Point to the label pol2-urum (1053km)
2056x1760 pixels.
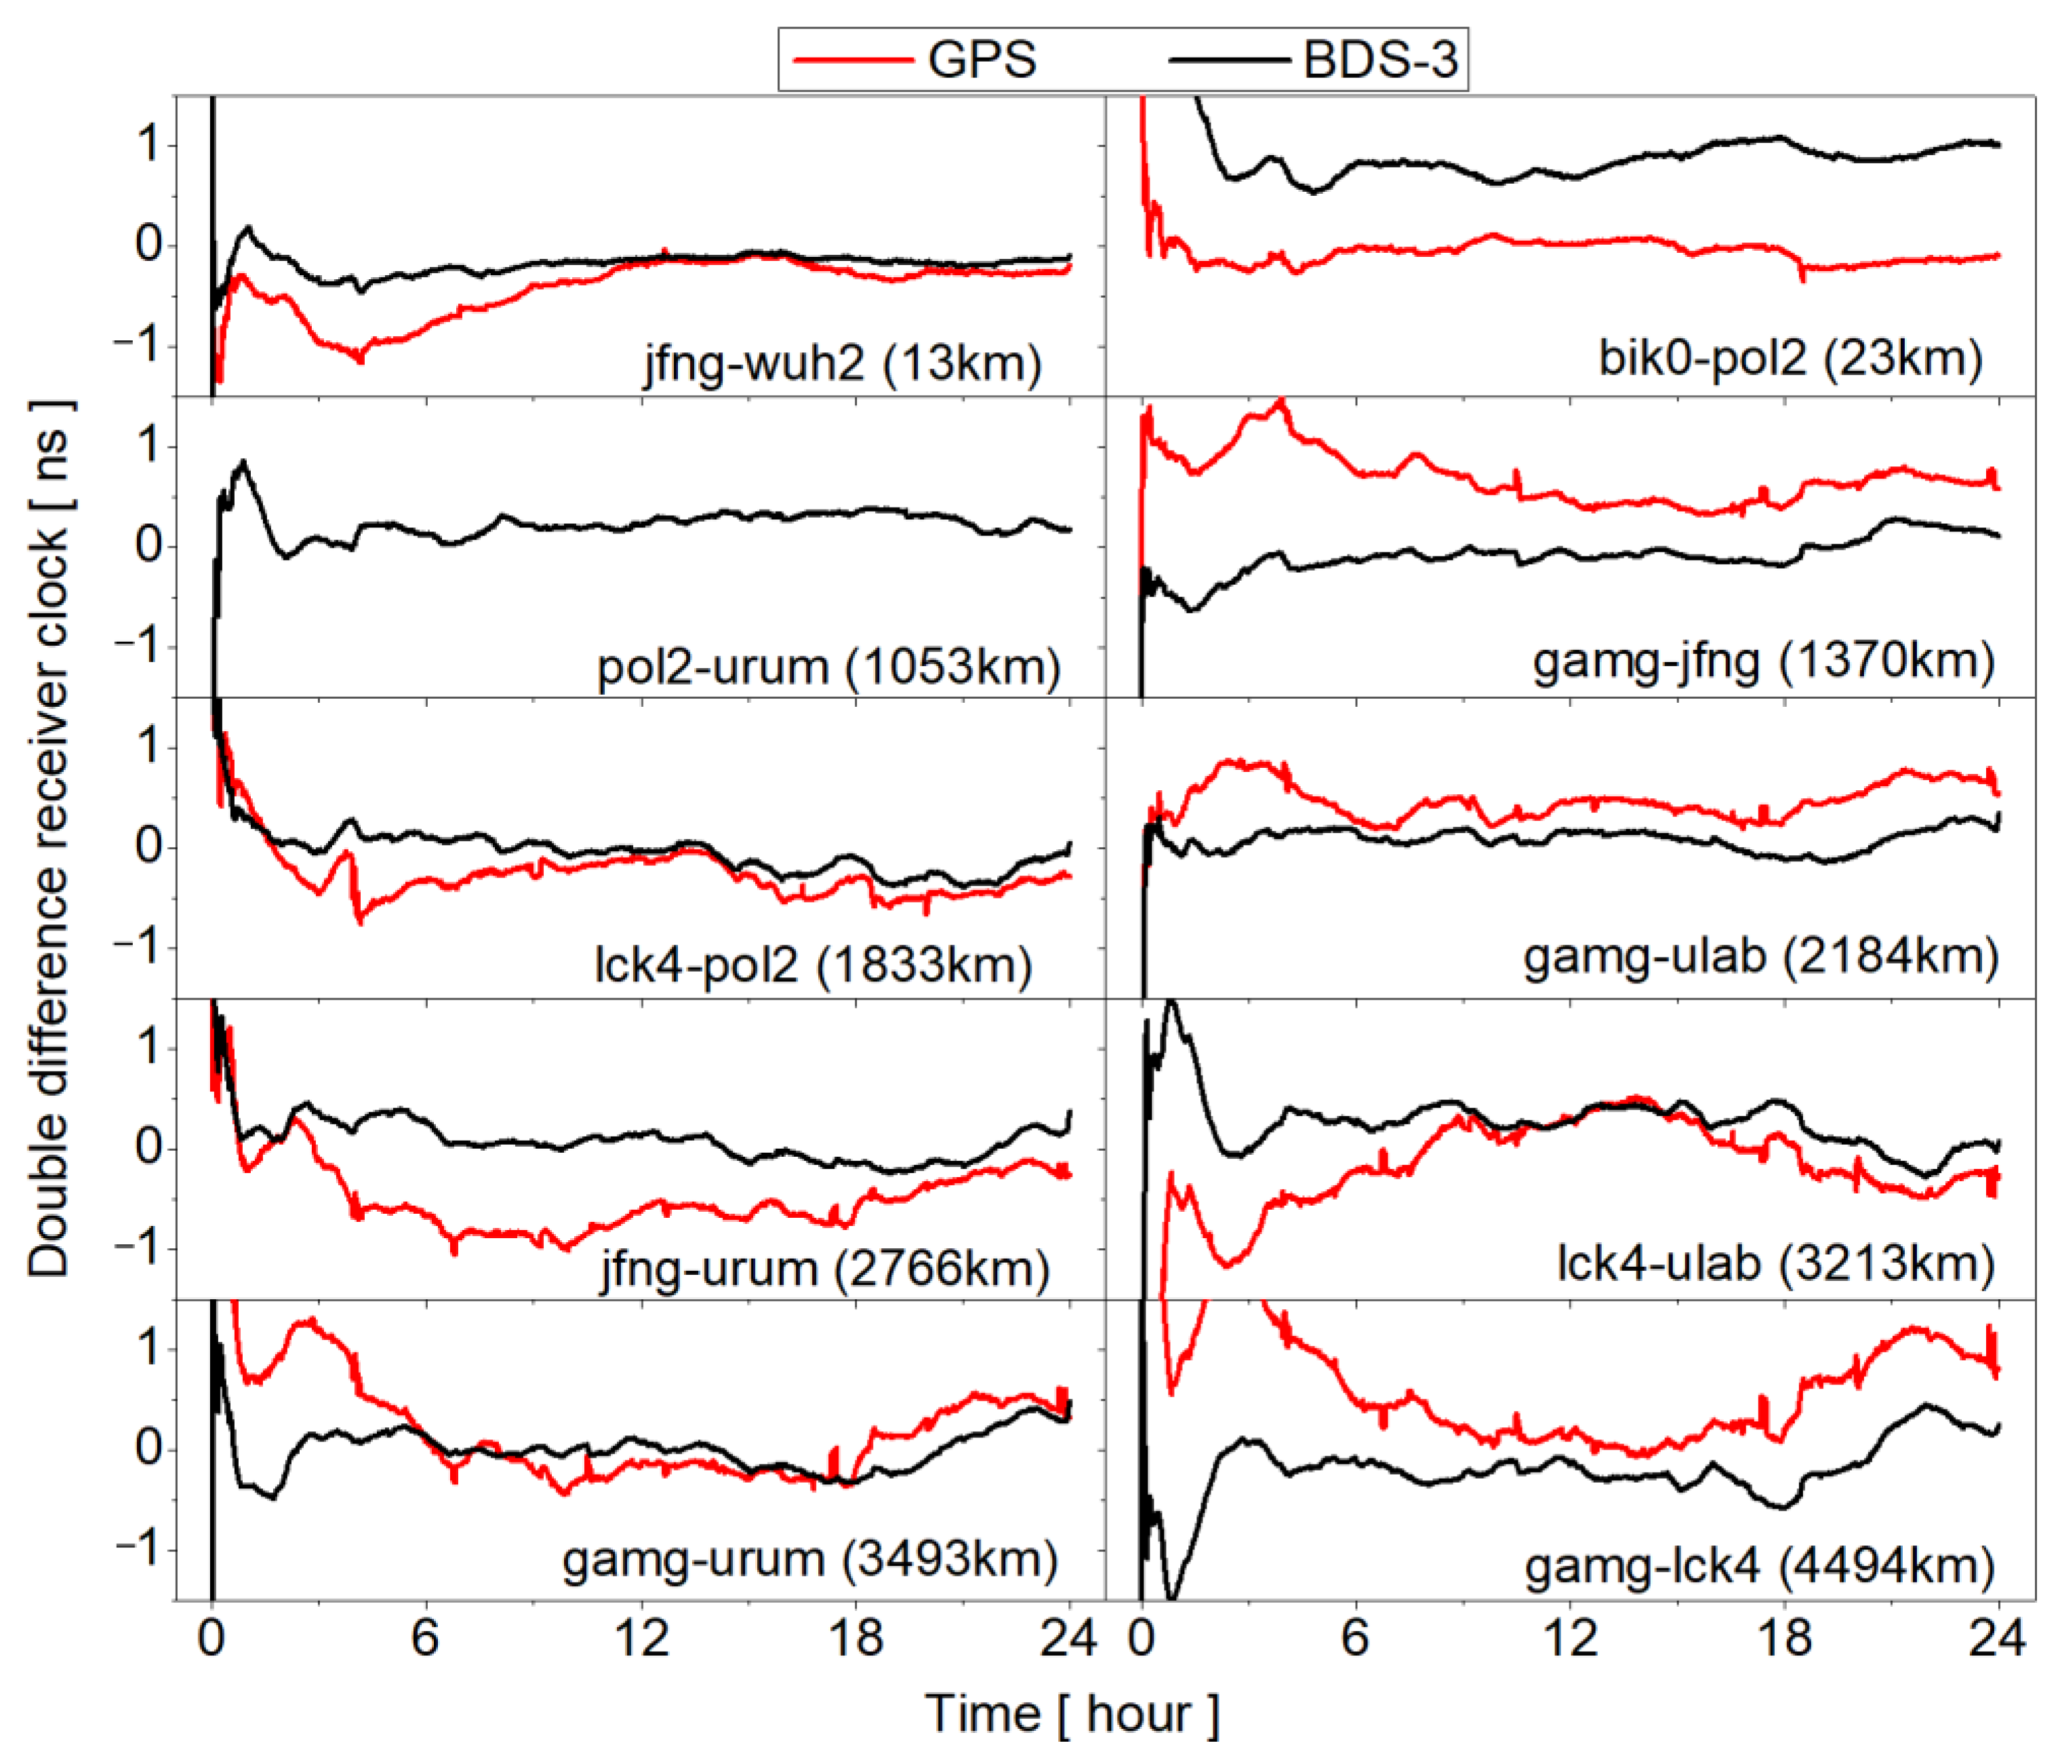(x=828, y=667)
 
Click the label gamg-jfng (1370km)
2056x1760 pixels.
(x=1763, y=661)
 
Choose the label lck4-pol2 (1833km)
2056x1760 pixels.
(x=813, y=964)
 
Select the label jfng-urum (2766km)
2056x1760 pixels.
(x=824, y=1269)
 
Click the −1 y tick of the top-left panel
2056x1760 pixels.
(x=136, y=346)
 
